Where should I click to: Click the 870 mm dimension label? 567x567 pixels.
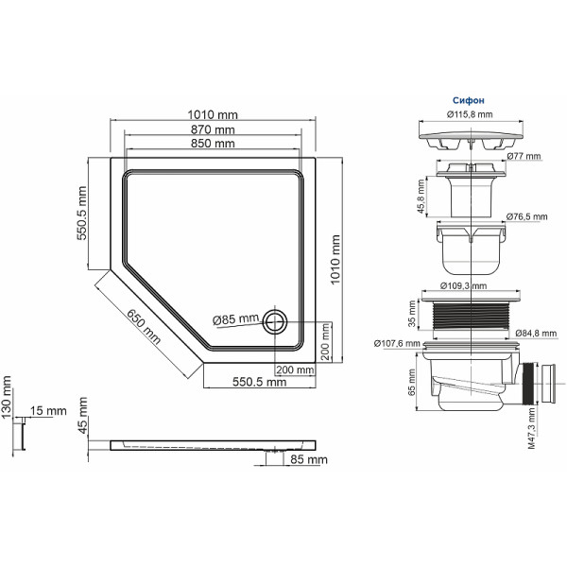coord(213,129)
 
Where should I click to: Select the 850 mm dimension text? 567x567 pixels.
coord(213,145)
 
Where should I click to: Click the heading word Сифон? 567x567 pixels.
coord(471,98)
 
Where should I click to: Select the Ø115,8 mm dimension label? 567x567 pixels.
coord(470,114)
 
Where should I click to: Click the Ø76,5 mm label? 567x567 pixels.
coord(525,216)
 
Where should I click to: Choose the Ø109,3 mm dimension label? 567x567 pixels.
coord(464,285)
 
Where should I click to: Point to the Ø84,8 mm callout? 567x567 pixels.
coord(536,334)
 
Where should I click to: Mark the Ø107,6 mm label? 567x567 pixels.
coord(396,343)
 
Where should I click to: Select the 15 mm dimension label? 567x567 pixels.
coord(48,411)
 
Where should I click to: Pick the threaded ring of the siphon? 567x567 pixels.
coord(470,316)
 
